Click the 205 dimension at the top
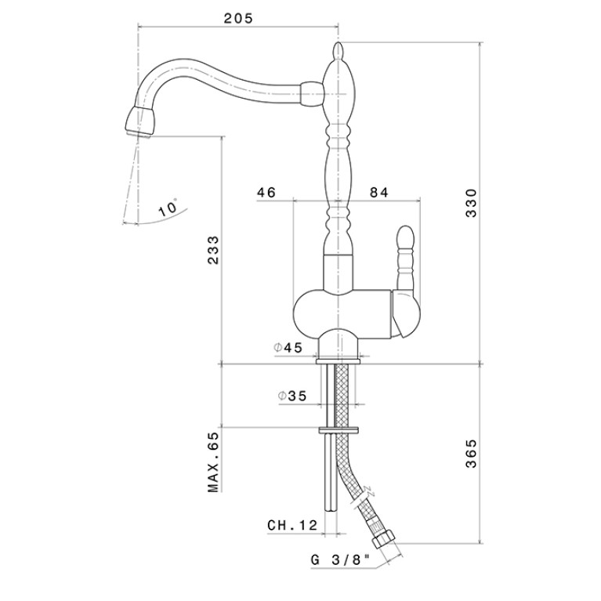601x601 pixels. click(238, 18)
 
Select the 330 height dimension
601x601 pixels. click(471, 203)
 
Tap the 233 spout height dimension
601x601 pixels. click(212, 250)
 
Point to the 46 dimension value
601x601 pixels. click(266, 192)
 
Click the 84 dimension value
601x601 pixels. click(379, 192)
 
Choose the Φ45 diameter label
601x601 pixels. click(288, 348)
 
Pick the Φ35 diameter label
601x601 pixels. click(292, 396)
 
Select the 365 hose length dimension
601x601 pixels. click(471, 454)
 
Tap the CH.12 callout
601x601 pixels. click(293, 525)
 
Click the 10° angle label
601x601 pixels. click(168, 208)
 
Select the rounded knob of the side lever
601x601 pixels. click(406, 237)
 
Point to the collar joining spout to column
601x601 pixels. click(312, 93)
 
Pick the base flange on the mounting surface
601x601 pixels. click(338, 361)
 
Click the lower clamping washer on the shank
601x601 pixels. click(339, 430)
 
